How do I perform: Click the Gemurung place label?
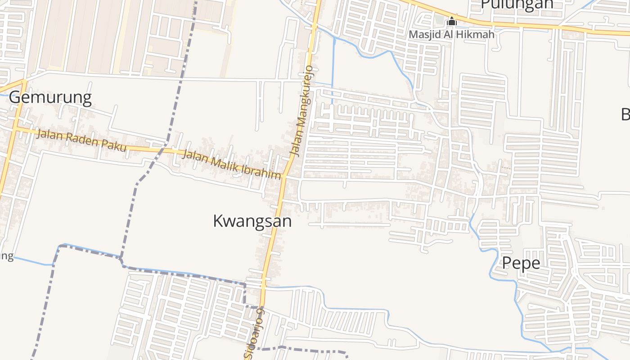(x=50, y=98)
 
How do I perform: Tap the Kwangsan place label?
(x=252, y=221)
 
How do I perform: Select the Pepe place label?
(x=521, y=263)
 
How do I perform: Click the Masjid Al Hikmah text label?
(x=451, y=34)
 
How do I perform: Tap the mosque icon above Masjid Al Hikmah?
(x=451, y=21)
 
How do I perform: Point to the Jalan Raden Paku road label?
(x=81, y=140)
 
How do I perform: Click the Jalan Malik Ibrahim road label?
(x=233, y=165)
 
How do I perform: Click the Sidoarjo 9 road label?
(x=255, y=333)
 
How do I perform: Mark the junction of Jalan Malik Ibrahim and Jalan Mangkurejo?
(x=284, y=176)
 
